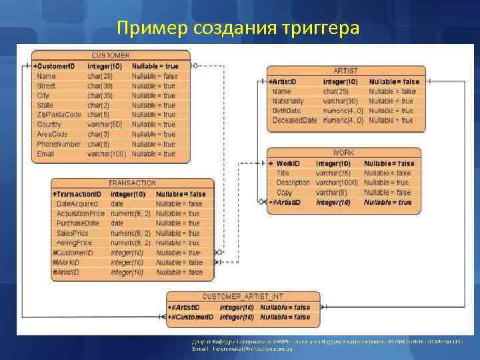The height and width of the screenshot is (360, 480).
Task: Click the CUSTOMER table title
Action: (111, 55)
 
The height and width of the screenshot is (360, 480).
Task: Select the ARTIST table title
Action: (345, 71)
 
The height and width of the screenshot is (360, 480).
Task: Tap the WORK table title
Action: (344, 153)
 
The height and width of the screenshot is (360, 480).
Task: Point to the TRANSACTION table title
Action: (132, 183)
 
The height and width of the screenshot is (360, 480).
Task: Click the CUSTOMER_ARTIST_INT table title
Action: (242, 297)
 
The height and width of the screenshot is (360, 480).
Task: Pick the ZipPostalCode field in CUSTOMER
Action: (59, 115)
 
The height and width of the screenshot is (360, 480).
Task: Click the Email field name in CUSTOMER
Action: (45, 154)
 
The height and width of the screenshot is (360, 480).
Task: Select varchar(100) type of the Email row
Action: (107, 154)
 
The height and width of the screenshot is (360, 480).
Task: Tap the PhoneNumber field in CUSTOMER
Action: (59, 144)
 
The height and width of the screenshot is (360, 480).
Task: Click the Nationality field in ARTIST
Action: (288, 101)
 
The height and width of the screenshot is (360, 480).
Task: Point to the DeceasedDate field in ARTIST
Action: (295, 120)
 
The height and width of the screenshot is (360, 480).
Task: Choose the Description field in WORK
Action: (293, 183)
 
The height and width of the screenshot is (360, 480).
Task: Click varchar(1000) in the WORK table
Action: (337, 183)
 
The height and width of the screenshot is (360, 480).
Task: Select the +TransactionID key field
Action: (77, 194)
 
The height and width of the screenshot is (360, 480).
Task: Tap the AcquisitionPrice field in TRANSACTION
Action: (81, 213)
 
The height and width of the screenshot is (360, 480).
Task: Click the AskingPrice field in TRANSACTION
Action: (74, 243)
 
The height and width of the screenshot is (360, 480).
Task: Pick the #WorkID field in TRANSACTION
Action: (66, 263)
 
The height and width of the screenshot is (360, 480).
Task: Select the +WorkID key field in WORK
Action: (285, 163)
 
